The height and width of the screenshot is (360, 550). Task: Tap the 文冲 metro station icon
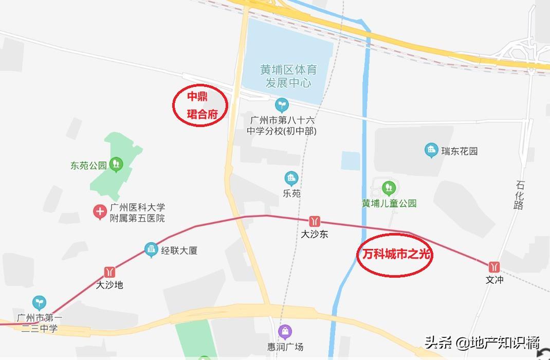click(x=494, y=267)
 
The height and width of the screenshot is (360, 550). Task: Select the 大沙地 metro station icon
click(x=109, y=272)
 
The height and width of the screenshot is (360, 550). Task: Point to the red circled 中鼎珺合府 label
click(x=199, y=105)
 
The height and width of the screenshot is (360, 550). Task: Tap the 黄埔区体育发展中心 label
click(x=288, y=76)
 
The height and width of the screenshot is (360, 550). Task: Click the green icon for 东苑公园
click(x=117, y=165)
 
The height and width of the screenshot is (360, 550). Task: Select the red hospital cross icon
click(x=99, y=211)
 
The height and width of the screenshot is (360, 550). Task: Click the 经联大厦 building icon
click(x=151, y=250)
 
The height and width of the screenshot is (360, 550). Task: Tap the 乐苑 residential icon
click(x=291, y=179)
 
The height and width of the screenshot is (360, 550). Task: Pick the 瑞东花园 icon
click(x=431, y=151)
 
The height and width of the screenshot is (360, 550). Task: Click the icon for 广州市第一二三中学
click(x=39, y=302)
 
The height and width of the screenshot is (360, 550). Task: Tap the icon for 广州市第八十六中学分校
click(x=281, y=105)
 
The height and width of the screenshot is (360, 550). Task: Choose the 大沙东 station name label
click(x=315, y=235)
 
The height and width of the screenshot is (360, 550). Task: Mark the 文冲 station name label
click(x=494, y=280)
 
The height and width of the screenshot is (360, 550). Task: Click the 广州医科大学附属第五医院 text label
click(x=137, y=213)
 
